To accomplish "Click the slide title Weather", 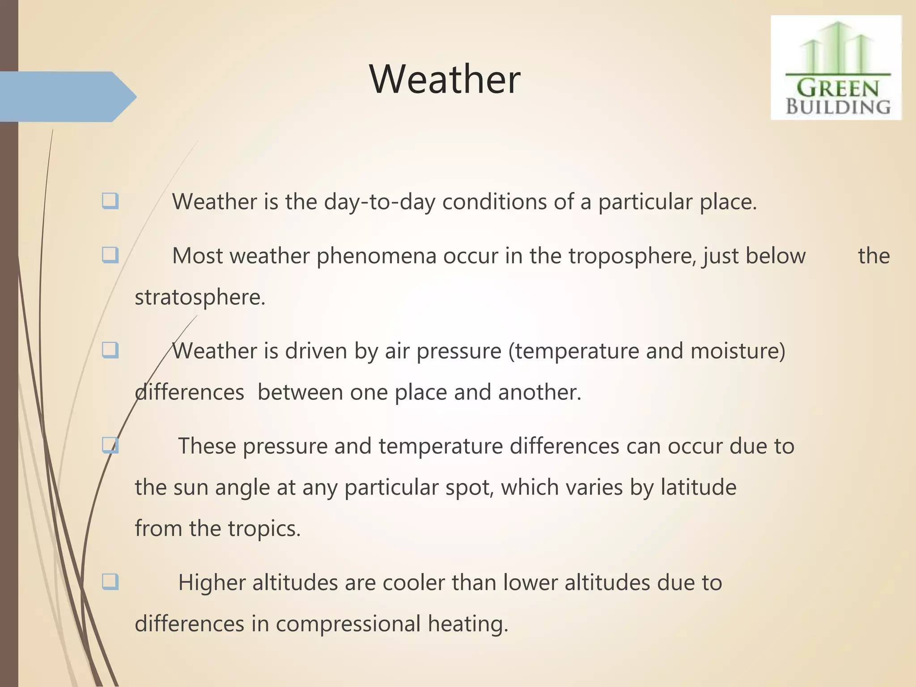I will click(x=445, y=79).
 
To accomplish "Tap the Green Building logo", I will click(x=836, y=68).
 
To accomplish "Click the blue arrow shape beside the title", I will click(x=67, y=97).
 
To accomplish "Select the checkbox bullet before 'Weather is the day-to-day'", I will click(x=110, y=201).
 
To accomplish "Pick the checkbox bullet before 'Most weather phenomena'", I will click(x=110, y=255).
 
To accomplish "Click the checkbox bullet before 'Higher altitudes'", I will click(x=110, y=582).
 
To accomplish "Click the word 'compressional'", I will click(x=348, y=624).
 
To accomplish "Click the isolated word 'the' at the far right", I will click(x=874, y=256).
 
